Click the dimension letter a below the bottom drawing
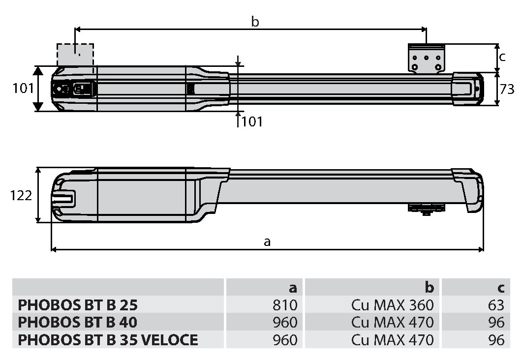[x=267, y=241]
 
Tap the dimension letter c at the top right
[x=502, y=57]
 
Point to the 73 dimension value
[x=507, y=90]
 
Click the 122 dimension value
[x=21, y=196]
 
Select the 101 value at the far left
[x=23, y=89]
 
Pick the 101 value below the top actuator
[x=252, y=121]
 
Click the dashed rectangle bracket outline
[x=75, y=54]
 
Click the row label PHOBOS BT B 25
[x=78, y=305]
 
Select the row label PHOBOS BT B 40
[x=78, y=323]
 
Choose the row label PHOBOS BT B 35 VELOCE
[x=108, y=340]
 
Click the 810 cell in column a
[x=285, y=305]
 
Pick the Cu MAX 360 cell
[x=393, y=305]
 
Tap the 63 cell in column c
[x=496, y=305]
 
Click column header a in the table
[x=293, y=288]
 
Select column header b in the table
[x=429, y=288]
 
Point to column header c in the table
[x=500, y=288]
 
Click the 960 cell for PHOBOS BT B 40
[x=285, y=323]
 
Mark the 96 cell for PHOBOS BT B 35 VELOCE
[x=496, y=340]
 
